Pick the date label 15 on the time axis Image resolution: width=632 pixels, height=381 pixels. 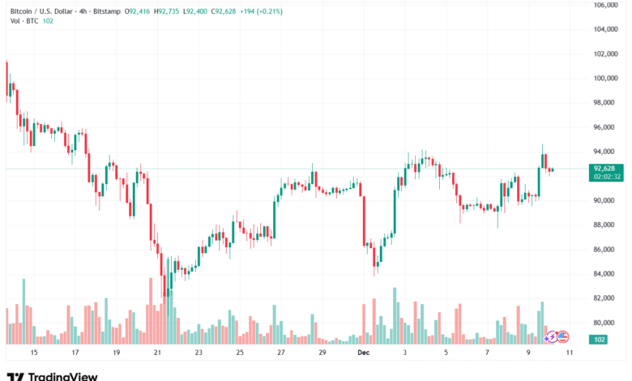point(33,353)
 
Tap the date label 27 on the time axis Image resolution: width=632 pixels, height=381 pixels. point(281,353)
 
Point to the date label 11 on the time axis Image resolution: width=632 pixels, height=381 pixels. point(570,353)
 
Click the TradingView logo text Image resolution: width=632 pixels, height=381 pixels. point(63,376)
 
